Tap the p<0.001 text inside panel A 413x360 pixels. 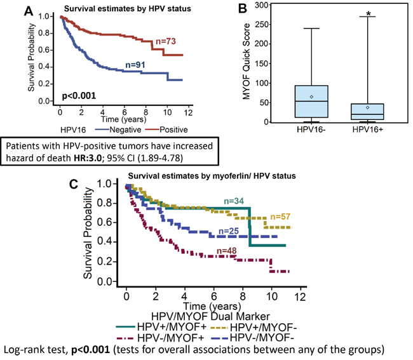click(x=78, y=97)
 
